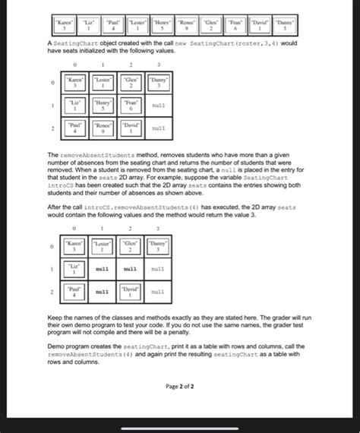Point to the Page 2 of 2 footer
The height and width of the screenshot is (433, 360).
179,385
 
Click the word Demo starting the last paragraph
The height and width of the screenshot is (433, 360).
56,347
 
